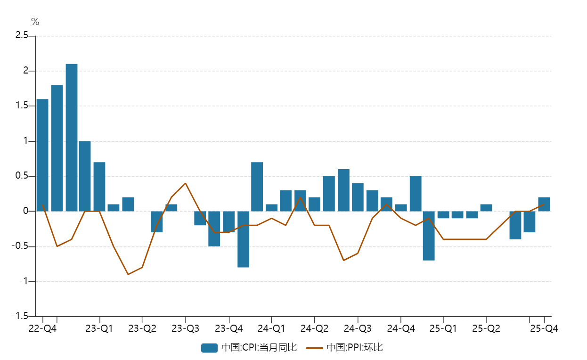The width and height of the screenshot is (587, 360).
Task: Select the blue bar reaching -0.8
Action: (x=243, y=239)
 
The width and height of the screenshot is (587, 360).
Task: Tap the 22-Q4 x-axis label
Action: (x=42, y=328)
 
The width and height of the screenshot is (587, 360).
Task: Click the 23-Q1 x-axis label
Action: (x=99, y=328)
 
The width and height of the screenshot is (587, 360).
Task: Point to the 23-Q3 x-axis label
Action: (x=185, y=328)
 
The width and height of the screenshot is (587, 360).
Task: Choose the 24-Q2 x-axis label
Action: (x=314, y=328)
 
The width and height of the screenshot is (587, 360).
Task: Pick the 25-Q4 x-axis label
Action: (x=544, y=328)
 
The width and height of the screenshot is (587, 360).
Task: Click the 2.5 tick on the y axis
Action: (x=22, y=36)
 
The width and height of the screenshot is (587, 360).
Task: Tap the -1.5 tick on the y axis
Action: (x=21, y=317)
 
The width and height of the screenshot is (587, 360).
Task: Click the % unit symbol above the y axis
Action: (x=35, y=22)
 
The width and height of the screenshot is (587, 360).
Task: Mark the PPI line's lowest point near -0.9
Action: (x=128, y=274)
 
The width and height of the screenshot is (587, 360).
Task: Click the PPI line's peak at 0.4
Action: (x=185, y=183)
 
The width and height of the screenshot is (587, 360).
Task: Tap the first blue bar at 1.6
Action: (x=42, y=155)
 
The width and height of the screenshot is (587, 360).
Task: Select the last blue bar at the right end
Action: (x=544, y=204)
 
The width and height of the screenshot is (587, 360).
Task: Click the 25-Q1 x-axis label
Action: (x=443, y=328)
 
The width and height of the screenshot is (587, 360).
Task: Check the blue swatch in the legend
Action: (x=209, y=348)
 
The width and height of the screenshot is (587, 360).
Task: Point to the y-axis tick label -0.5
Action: (x=21, y=246)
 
